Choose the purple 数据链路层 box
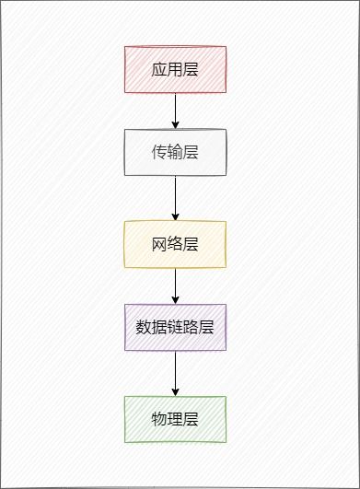click(x=175, y=327)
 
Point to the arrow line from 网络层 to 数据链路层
click(x=175, y=284)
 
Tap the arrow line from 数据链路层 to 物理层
click(x=175, y=370)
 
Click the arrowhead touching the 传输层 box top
click(x=175, y=124)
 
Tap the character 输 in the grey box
click(x=175, y=152)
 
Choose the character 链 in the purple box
click(x=175, y=327)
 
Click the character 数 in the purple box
click(x=143, y=327)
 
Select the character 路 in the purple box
click(x=192, y=327)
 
